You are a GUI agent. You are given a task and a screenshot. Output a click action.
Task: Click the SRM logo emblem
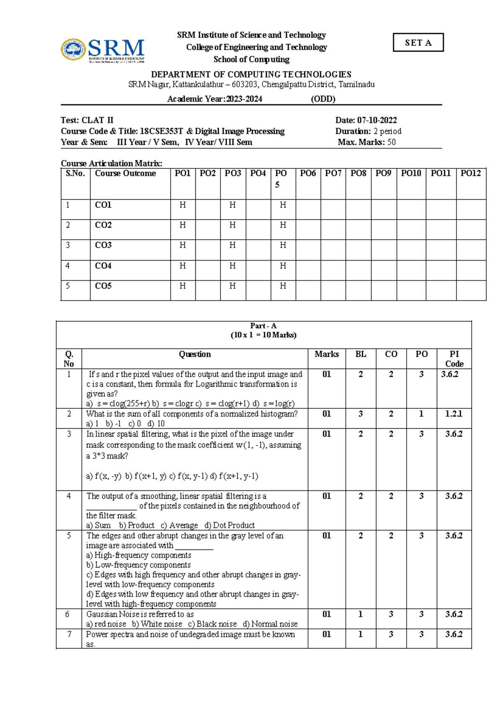(x=74, y=50)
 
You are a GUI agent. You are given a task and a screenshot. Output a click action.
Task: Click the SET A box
(x=418, y=42)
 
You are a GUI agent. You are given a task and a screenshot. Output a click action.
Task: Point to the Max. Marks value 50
(x=392, y=142)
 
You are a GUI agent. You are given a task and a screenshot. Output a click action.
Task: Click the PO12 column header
(x=470, y=173)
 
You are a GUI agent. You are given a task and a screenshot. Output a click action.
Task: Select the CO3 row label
(x=103, y=245)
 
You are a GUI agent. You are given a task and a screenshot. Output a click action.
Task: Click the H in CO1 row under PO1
(x=183, y=205)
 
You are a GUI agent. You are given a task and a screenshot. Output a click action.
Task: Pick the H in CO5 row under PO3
(x=233, y=286)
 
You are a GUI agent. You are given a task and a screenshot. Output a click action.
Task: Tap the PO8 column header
(x=358, y=173)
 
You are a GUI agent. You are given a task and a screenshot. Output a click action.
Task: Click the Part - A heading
(x=263, y=326)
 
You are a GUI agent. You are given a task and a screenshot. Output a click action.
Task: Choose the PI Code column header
(x=454, y=359)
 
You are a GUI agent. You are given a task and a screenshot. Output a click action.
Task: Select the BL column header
(x=360, y=354)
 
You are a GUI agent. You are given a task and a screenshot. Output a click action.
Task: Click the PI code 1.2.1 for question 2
(x=454, y=414)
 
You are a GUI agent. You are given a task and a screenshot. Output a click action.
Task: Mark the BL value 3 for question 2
(x=360, y=414)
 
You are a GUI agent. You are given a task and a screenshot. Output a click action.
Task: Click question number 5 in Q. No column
(x=69, y=536)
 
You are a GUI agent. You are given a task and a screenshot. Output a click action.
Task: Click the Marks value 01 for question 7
(x=327, y=634)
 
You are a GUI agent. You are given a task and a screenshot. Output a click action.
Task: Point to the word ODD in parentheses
(x=323, y=99)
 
